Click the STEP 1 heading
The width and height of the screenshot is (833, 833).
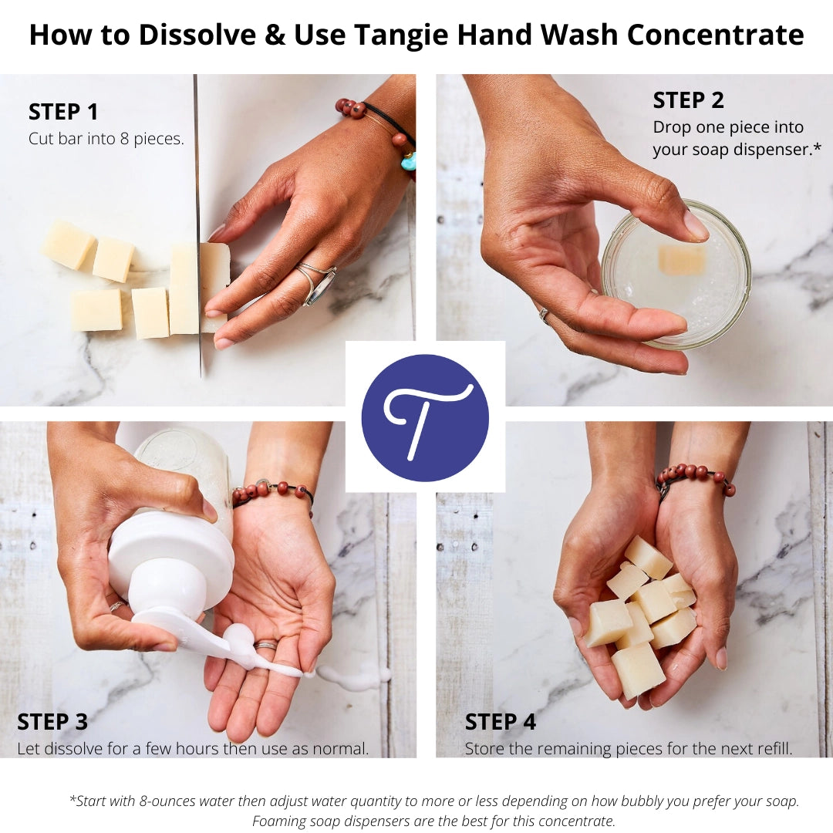click(x=63, y=113)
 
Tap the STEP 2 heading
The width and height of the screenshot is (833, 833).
click(x=688, y=101)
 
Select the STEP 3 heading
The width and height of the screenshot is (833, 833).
click(x=52, y=723)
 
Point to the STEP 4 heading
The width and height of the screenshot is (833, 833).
click(x=500, y=723)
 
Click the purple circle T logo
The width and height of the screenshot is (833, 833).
click(x=425, y=418)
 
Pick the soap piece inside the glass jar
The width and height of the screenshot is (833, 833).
click(x=682, y=260)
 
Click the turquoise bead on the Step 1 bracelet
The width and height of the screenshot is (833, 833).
click(x=408, y=160)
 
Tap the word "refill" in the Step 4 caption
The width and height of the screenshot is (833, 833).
click(x=773, y=749)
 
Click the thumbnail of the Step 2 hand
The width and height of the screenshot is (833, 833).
click(x=696, y=226)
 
